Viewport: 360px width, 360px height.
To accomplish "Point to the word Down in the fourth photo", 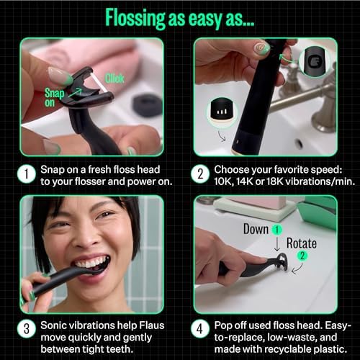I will pos(256,229).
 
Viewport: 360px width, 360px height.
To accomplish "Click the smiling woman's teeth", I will pos(91,263).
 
